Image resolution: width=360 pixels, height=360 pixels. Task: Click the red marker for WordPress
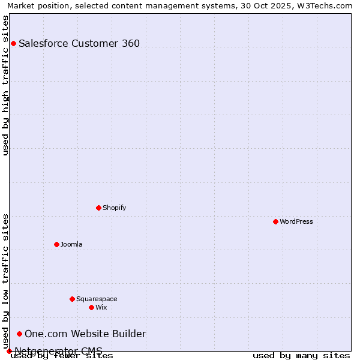click(x=275, y=221)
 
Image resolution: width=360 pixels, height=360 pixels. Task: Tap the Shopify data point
click(x=98, y=208)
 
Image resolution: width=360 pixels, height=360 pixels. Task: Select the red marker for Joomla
click(x=56, y=244)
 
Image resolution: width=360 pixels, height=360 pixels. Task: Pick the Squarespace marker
click(x=72, y=299)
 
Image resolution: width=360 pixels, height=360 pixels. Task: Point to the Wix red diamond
click(x=91, y=307)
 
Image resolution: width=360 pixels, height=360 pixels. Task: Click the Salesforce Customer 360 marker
click(x=13, y=43)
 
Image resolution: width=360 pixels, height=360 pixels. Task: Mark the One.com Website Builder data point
click(x=19, y=334)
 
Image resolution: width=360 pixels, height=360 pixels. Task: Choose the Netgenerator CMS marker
click(x=9, y=351)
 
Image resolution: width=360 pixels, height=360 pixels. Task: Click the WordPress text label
click(x=296, y=221)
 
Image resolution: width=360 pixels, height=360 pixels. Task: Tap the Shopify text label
click(x=114, y=208)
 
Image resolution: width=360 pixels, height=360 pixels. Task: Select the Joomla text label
click(x=71, y=244)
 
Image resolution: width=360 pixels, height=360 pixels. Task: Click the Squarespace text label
click(x=97, y=299)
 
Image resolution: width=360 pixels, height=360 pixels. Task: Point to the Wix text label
click(x=101, y=307)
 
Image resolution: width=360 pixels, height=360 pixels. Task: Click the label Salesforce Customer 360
click(x=79, y=43)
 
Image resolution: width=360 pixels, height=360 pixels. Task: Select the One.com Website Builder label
click(x=85, y=334)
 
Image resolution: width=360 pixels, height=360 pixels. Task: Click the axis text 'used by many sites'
click(x=301, y=355)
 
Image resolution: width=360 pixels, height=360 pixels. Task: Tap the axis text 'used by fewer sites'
click(x=62, y=355)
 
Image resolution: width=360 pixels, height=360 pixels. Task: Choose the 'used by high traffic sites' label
click(x=5, y=85)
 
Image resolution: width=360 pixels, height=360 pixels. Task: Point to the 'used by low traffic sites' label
click(x=5, y=281)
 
